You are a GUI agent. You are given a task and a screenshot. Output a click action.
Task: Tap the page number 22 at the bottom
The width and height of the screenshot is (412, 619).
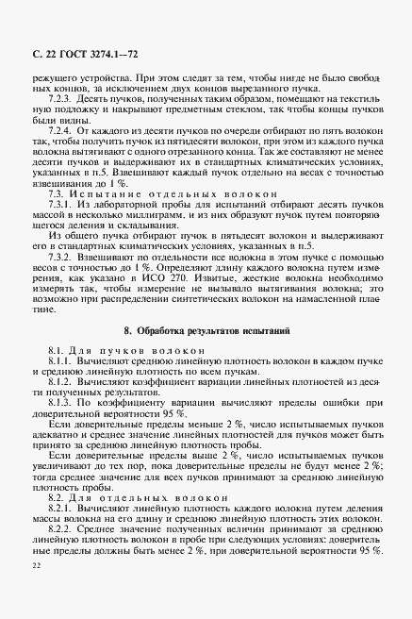pos(36,565)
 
